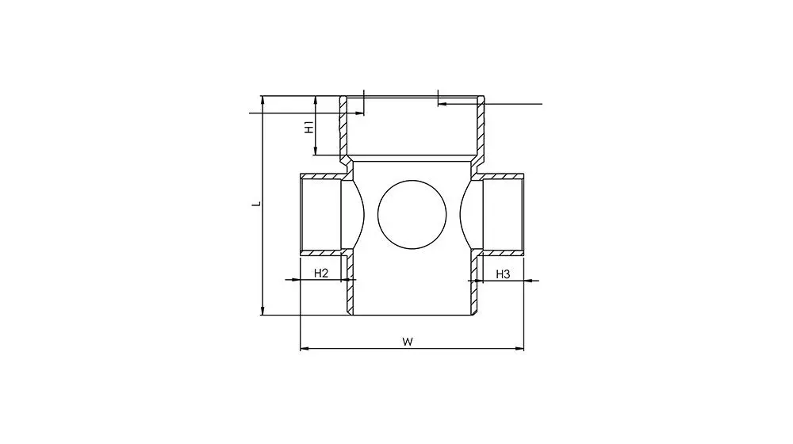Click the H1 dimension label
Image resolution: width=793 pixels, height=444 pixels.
pyautogui.click(x=308, y=126)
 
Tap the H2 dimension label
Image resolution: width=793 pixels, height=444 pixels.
pyautogui.click(x=321, y=274)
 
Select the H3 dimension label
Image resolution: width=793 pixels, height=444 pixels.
pyautogui.click(x=502, y=274)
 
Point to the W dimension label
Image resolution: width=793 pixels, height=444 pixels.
pyautogui.click(x=408, y=342)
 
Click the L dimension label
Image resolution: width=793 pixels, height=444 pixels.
pyautogui.click(x=258, y=204)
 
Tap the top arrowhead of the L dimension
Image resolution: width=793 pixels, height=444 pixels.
pyautogui.click(x=262, y=100)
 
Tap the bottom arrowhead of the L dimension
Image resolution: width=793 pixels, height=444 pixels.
pyautogui.click(x=262, y=311)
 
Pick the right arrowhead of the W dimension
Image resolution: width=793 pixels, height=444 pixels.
pyautogui.click(x=519, y=348)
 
